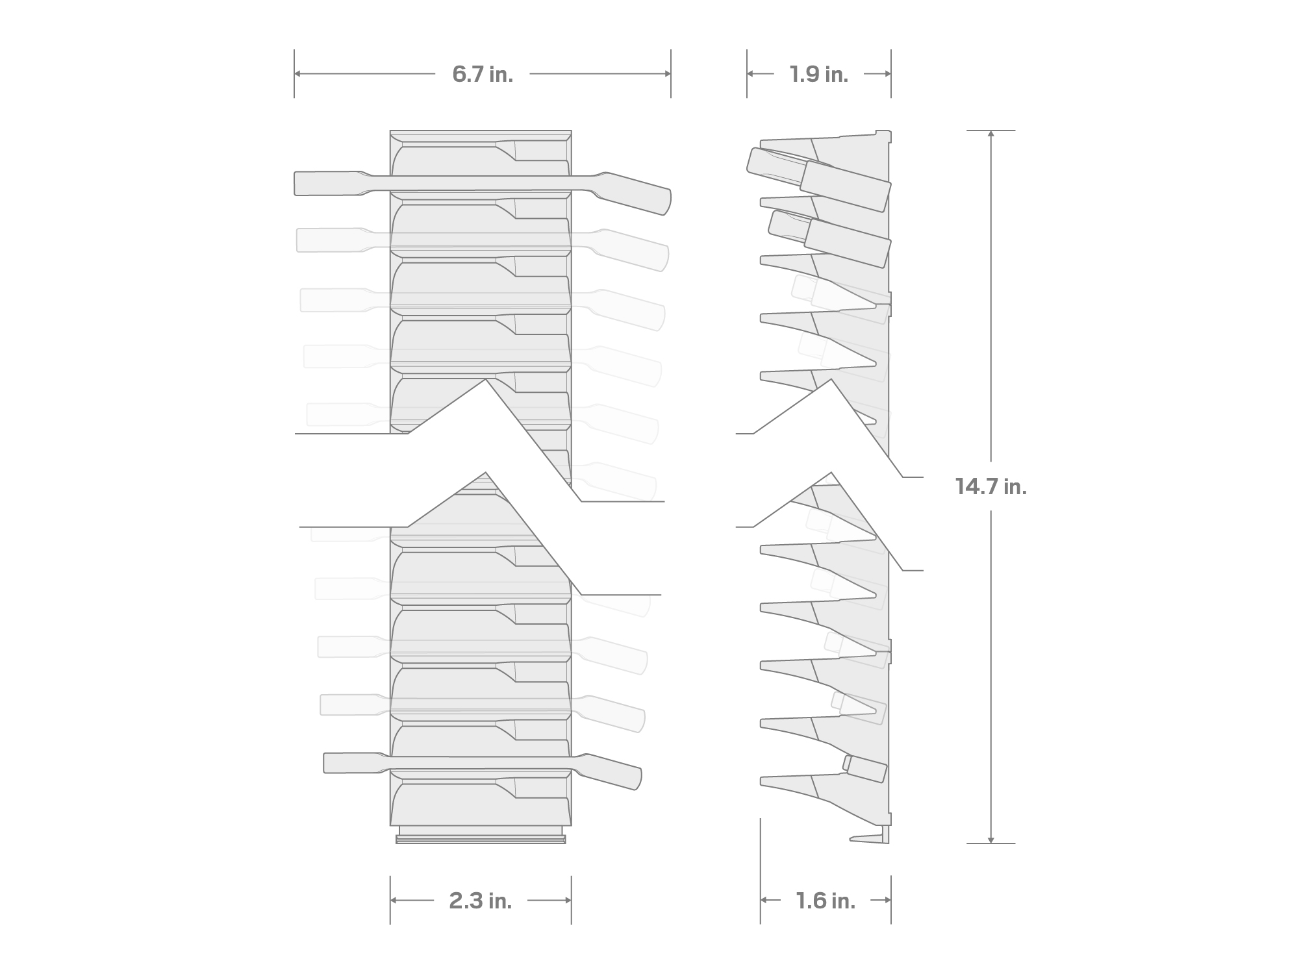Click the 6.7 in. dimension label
point(483,75)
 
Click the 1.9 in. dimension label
point(818,75)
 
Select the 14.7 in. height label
point(990,486)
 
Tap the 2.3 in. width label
point(481,901)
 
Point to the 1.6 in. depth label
point(826,901)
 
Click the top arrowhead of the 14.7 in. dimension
point(990,133)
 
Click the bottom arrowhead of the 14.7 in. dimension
point(990,840)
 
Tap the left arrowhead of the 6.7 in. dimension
point(297,73)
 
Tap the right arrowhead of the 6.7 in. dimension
point(668,73)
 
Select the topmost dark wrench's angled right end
point(637,193)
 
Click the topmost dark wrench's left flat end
point(325,183)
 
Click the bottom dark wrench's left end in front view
point(351,762)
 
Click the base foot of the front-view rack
point(481,839)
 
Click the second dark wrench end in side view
point(848,243)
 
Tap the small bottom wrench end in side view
point(866,769)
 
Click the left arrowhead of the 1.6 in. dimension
point(764,900)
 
